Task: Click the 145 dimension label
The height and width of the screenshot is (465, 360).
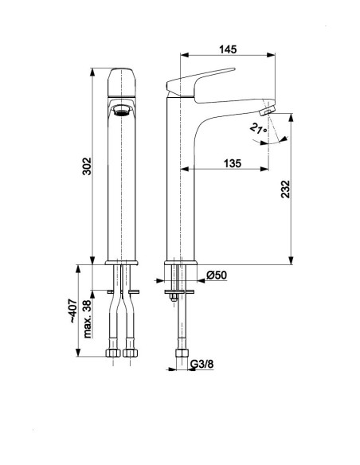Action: [228, 49]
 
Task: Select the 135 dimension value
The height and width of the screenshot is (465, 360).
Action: [233, 163]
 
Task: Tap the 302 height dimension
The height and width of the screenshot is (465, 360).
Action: [87, 166]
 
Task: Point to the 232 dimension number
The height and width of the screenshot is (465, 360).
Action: [285, 189]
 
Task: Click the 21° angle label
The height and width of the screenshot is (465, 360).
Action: [258, 129]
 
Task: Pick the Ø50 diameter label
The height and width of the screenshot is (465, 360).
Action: [217, 275]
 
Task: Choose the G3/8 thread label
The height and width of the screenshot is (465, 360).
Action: [202, 364]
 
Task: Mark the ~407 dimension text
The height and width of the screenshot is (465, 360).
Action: [72, 311]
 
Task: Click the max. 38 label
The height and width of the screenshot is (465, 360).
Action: [87, 318]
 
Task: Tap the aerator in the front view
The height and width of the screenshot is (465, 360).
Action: [122, 111]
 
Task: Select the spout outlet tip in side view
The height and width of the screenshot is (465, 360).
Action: [268, 111]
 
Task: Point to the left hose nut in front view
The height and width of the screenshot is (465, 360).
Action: [113, 353]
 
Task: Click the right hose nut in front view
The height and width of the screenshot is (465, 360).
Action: [131, 353]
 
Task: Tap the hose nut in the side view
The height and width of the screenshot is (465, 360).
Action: [182, 353]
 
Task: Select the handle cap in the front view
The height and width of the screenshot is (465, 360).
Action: [122, 83]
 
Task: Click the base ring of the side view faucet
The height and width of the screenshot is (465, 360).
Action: [181, 263]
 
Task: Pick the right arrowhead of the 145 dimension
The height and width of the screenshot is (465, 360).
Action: [271, 55]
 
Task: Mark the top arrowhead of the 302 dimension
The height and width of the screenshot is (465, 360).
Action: [92, 72]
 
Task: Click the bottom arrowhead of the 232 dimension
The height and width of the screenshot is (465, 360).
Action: [292, 260]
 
